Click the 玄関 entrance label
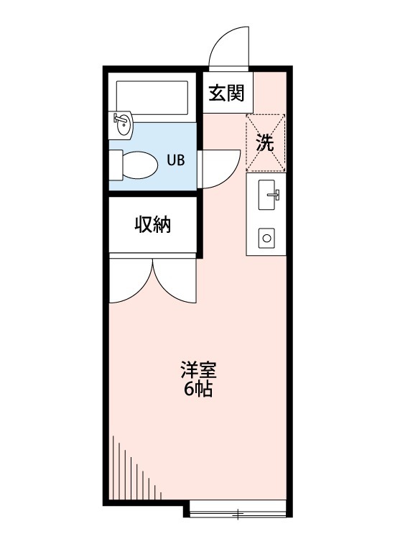point(226,93)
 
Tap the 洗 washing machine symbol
point(266,143)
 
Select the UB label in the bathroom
point(175,160)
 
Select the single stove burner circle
point(266,238)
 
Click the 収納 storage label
point(152,225)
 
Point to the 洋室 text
point(197,372)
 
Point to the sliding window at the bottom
point(238,512)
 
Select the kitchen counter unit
point(266,216)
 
